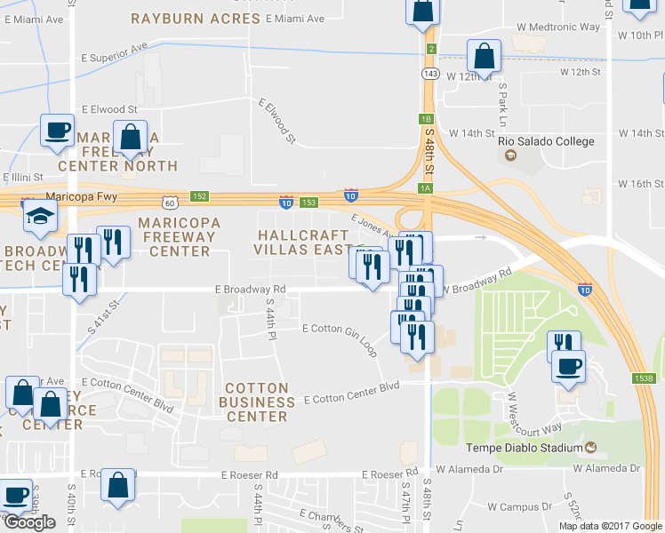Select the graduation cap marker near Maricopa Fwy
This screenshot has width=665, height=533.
coord(40,216)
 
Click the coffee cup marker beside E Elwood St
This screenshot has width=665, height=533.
coord(58,131)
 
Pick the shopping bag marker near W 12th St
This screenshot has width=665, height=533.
coord(483,56)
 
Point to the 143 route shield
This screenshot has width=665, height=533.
coord(430,73)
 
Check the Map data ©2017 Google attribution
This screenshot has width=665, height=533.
coord(610,526)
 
